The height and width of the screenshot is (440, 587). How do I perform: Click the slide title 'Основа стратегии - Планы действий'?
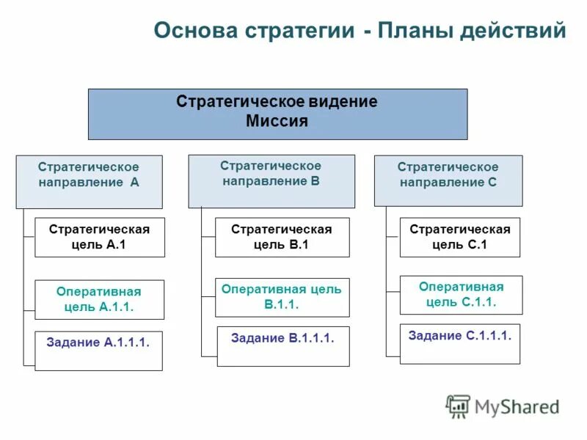tap(360, 32)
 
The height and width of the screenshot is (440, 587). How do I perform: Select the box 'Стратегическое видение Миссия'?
tap(277, 114)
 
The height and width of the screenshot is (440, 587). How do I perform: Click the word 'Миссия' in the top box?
tap(277, 122)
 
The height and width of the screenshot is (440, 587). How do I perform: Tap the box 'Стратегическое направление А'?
tap(89, 181)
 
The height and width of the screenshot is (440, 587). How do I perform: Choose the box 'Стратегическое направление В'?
tap(271, 180)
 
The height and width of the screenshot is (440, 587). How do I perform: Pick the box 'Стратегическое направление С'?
tap(448, 180)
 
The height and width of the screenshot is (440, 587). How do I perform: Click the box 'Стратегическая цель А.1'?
tap(100, 237)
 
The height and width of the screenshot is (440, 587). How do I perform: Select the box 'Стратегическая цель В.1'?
tap(282, 237)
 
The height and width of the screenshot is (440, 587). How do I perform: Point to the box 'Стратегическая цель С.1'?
tap(459, 237)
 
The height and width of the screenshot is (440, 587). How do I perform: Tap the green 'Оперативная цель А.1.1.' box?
tap(99, 299)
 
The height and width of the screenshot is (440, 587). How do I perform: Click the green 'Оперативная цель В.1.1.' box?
tap(282, 297)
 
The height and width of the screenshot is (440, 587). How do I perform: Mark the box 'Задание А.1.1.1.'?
tap(98, 351)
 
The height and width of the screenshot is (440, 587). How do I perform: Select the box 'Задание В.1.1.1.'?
tap(282, 346)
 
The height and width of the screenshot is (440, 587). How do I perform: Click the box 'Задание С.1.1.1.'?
tap(459, 343)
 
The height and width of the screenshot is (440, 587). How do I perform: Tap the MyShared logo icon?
tap(458, 406)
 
